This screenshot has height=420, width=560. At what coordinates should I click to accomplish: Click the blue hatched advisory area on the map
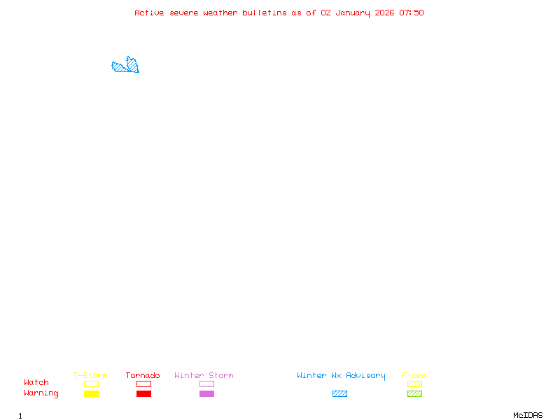(x=126, y=66)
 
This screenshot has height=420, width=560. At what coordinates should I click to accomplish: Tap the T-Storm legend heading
(x=90, y=375)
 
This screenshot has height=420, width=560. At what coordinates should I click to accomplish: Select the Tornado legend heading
(x=143, y=375)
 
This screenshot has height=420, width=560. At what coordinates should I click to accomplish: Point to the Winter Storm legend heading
(x=204, y=375)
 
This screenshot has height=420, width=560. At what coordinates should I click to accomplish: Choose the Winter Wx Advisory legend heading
(x=341, y=375)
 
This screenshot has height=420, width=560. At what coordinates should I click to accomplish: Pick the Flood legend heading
(x=414, y=375)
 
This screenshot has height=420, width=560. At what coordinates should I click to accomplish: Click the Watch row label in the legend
(x=36, y=383)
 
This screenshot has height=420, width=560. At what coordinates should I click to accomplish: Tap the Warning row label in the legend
(x=41, y=393)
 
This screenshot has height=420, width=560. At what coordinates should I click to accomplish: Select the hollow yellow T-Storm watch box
(x=91, y=384)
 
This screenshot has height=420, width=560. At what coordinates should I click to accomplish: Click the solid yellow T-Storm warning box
(x=91, y=393)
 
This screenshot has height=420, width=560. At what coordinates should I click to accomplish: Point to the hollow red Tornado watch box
(x=143, y=384)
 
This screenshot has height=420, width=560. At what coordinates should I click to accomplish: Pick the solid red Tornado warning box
(x=143, y=393)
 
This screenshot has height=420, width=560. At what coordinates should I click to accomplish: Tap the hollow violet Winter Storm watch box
(x=206, y=384)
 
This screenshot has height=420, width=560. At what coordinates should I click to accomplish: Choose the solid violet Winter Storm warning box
(x=206, y=393)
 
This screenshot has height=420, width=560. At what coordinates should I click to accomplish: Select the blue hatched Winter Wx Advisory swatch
(x=339, y=393)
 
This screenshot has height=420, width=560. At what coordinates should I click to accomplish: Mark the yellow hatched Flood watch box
(x=414, y=384)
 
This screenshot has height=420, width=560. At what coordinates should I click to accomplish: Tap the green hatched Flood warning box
(x=414, y=393)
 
